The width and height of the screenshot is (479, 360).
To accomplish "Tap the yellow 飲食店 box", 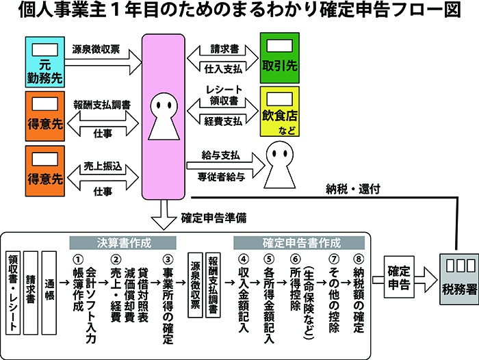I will [x=281, y=112].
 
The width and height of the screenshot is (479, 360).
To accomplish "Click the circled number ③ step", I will [x=166, y=259].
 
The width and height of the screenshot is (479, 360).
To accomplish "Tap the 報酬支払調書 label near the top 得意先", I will [x=103, y=104].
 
